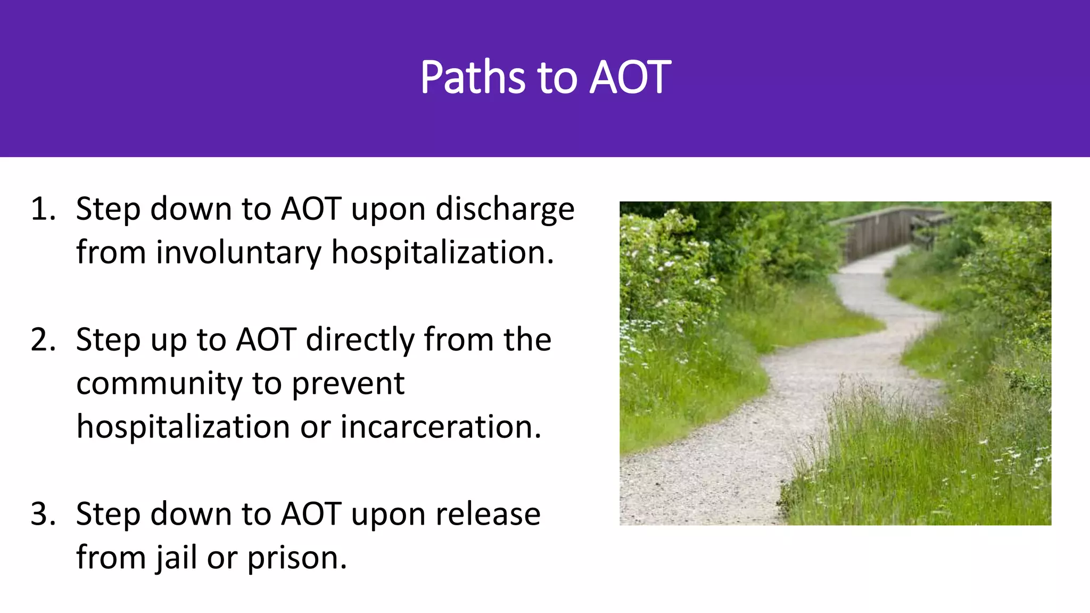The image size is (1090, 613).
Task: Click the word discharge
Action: pyautogui.click(x=505, y=210)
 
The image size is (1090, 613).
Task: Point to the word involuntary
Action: pyautogui.click(x=238, y=252)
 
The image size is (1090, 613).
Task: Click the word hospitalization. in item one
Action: pyautogui.click(x=443, y=252)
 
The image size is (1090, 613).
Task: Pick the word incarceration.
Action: pyautogui.click(x=441, y=427)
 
